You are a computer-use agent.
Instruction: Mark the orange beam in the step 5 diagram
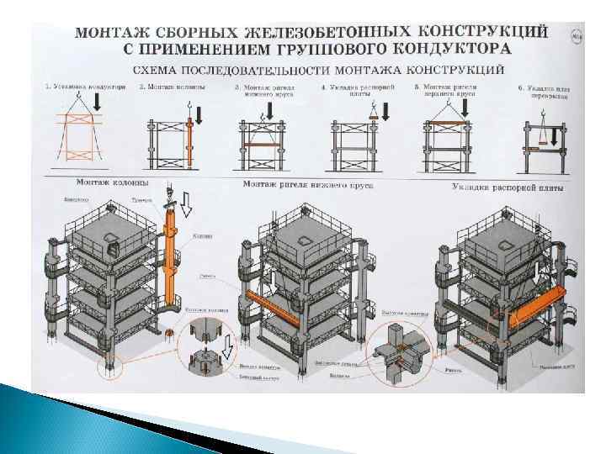coord(449,125)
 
